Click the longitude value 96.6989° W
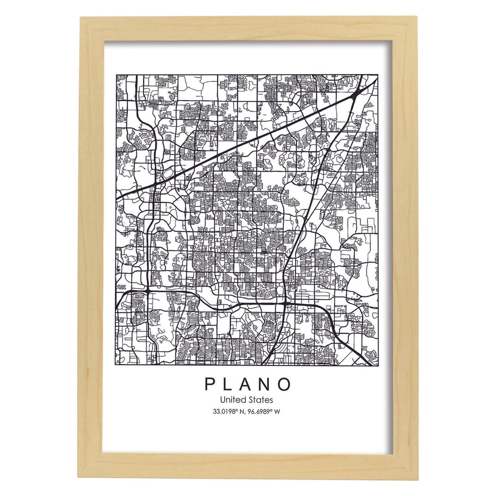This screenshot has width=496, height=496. coord(264,411)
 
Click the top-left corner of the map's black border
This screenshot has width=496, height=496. coord(116,75)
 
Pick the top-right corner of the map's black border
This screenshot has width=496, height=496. coord(378,75)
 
